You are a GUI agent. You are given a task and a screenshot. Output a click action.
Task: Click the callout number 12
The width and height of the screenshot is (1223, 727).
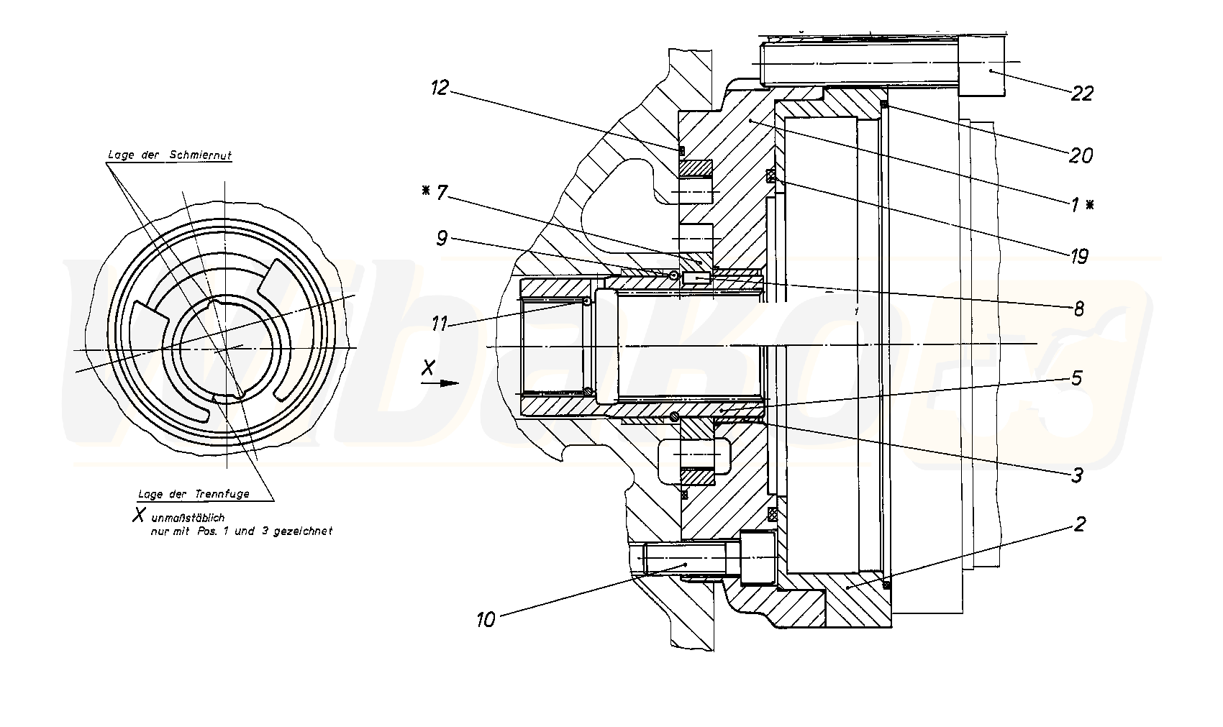pyautogui.click(x=440, y=88)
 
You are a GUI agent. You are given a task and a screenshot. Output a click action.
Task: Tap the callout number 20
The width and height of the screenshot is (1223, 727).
pyautogui.click(x=1081, y=155)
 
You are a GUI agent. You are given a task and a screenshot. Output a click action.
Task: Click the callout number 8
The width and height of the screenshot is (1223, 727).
pyautogui.click(x=1078, y=309)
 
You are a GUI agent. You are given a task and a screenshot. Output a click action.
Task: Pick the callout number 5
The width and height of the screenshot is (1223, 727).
pyautogui.click(x=1077, y=378)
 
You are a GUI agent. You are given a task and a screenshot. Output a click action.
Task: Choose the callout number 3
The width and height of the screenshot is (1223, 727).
pyautogui.click(x=1077, y=475)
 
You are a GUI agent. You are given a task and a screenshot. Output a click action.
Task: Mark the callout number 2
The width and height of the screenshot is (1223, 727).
pyautogui.click(x=1078, y=524)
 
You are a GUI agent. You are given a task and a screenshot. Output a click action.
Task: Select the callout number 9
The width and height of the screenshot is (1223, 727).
pyautogui.click(x=442, y=239)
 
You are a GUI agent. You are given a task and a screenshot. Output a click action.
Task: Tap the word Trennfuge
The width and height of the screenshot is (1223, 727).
pyautogui.click(x=222, y=494)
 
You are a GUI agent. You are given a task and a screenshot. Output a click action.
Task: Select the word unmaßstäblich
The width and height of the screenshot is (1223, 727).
pyautogui.click(x=188, y=518)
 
